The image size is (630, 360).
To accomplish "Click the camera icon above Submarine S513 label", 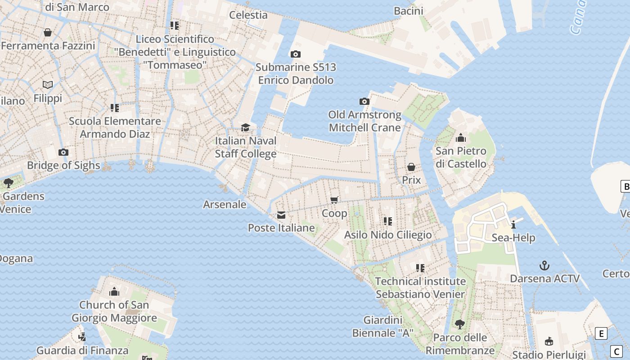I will [x=295, y=54].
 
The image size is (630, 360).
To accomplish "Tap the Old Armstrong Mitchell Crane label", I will [x=364, y=121].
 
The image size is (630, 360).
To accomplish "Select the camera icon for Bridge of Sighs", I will [x=63, y=152].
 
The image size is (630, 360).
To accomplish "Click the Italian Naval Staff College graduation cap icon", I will [x=245, y=128].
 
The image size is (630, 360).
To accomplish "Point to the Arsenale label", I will [x=225, y=204].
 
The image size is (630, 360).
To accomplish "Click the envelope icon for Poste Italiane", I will [x=281, y=215].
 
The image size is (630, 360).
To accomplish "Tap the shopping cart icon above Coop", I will [x=334, y=200].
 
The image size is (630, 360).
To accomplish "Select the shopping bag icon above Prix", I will [x=411, y=167].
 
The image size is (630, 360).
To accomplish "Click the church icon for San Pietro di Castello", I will [x=461, y=138].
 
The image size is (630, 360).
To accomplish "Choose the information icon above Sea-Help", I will [x=513, y=225].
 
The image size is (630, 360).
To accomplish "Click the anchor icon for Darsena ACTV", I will [x=544, y=265].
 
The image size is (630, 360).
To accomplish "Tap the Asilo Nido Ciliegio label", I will [x=387, y=235].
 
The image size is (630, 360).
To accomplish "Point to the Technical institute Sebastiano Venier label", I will [x=420, y=288].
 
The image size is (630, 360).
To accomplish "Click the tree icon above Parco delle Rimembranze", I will [x=459, y=324].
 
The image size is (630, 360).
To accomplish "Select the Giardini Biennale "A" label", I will [x=382, y=327].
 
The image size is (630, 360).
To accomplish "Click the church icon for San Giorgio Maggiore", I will [x=114, y=292].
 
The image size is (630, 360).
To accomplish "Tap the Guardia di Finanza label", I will [x=82, y=350].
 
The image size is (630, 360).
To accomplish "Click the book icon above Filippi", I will [x=48, y=85].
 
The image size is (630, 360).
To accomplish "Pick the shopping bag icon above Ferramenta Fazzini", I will [x=48, y=32].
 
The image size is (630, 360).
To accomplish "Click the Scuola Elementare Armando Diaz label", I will [x=115, y=127].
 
